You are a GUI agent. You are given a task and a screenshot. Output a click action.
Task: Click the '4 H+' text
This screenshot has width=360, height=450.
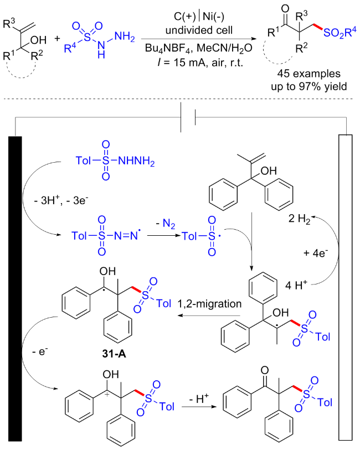(295, 287)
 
